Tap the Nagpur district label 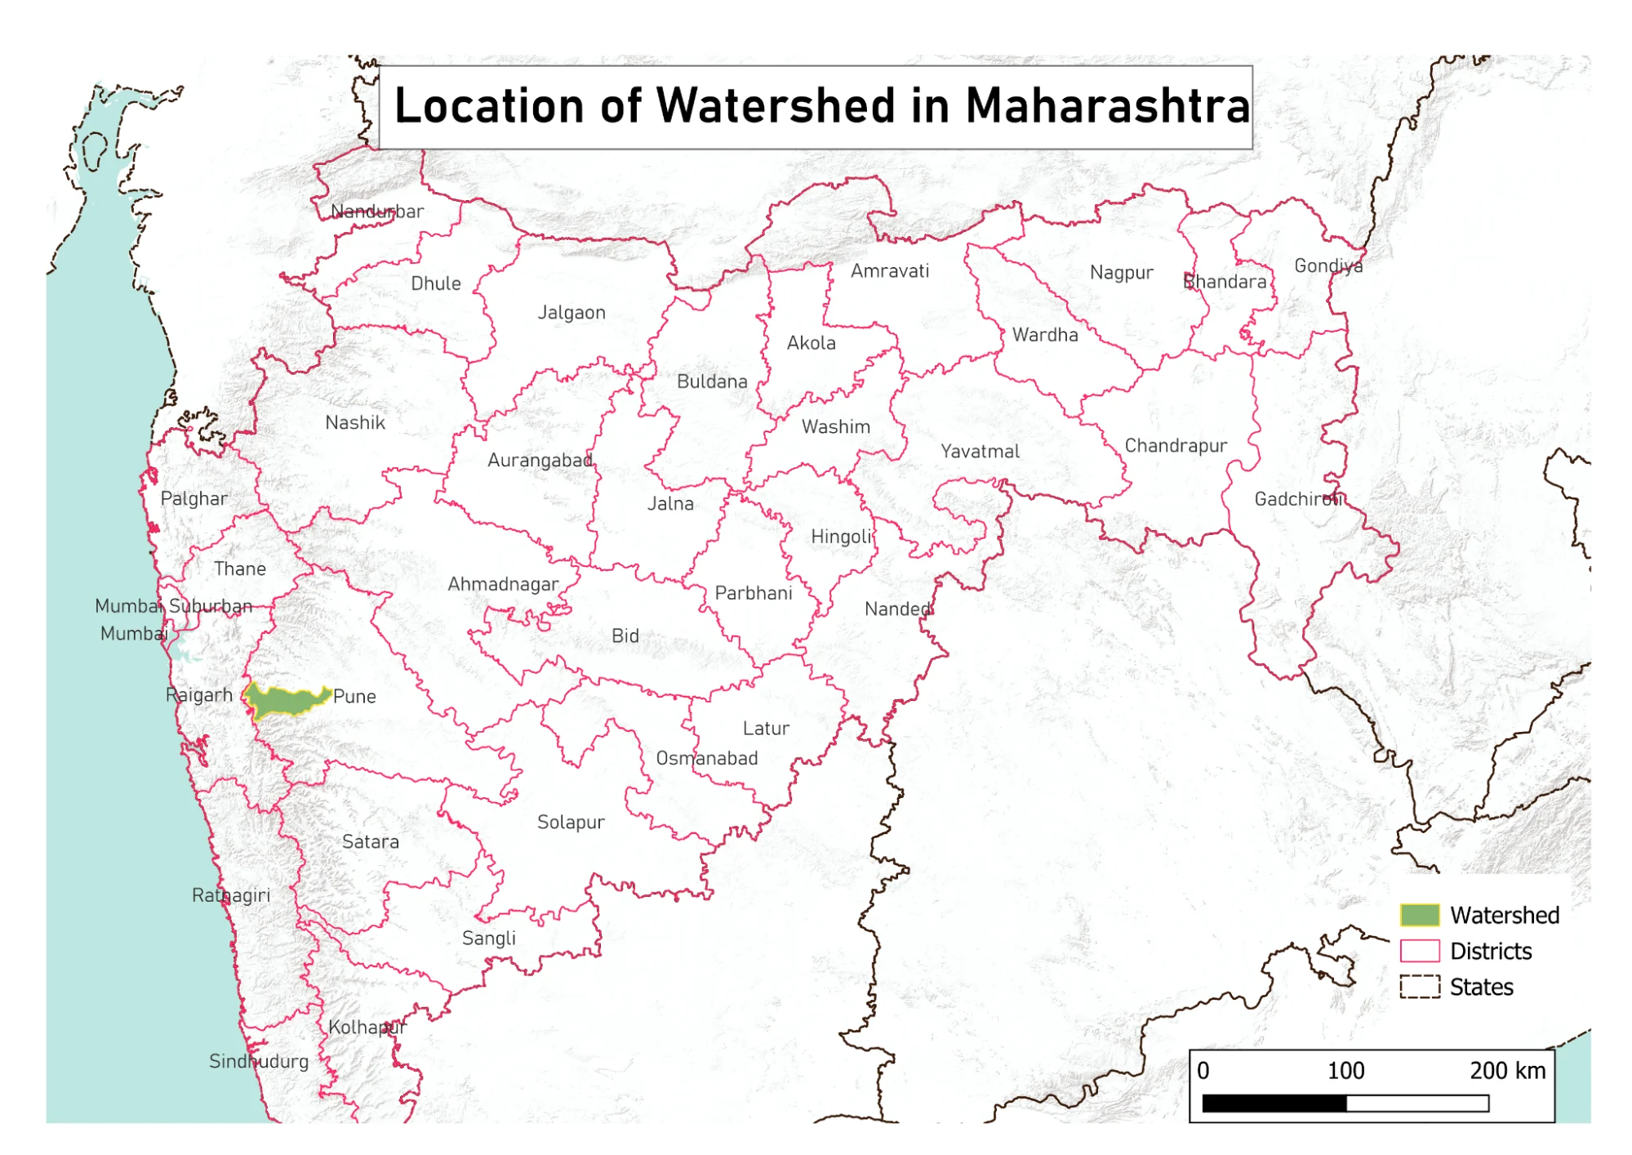pyautogui.click(x=1121, y=273)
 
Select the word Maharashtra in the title pyautogui.click(x=1107, y=106)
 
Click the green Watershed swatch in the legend pyautogui.click(x=1419, y=915)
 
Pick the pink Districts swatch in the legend pyautogui.click(x=1419, y=951)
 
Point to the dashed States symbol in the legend pyautogui.click(x=1419, y=987)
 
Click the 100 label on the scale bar pyautogui.click(x=1345, y=1070)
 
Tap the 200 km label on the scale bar pyautogui.click(x=1507, y=1070)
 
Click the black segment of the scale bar pyautogui.click(x=1274, y=1104)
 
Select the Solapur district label pyautogui.click(x=571, y=823)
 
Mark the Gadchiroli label pyautogui.click(x=1298, y=499)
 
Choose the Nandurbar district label pyautogui.click(x=377, y=212)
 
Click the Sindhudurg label pyautogui.click(x=259, y=1061)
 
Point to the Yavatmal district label pyautogui.click(x=980, y=452)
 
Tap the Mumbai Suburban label pyautogui.click(x=174, y=606)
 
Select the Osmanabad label pyautogui.click(x=707, y=759)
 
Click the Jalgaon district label pyautogui.click(x=571, y=313)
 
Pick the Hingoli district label pyautogui.click(x=842, y=537)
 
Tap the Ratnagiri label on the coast pyautogui.click(x=231, y=895)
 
